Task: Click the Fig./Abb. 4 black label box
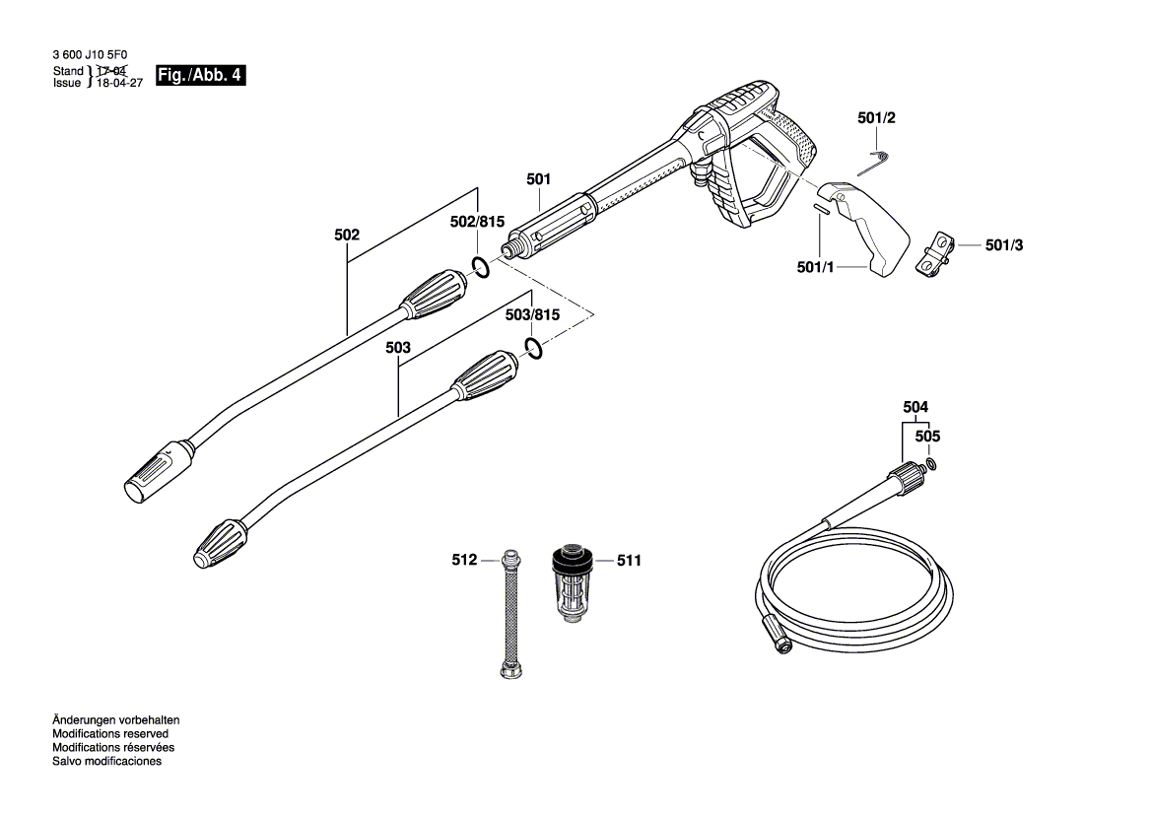tap(200, 76)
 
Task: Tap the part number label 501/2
tap(876, 118)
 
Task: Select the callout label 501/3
tap(1004, 245)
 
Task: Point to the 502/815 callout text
tap(477, 223)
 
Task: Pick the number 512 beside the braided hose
tap(464, 560)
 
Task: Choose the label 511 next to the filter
tap(629, 561)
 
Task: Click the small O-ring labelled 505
tap(931, 463)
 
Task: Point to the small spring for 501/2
tap(882, 155)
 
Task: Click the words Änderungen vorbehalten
tap(115, 720)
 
